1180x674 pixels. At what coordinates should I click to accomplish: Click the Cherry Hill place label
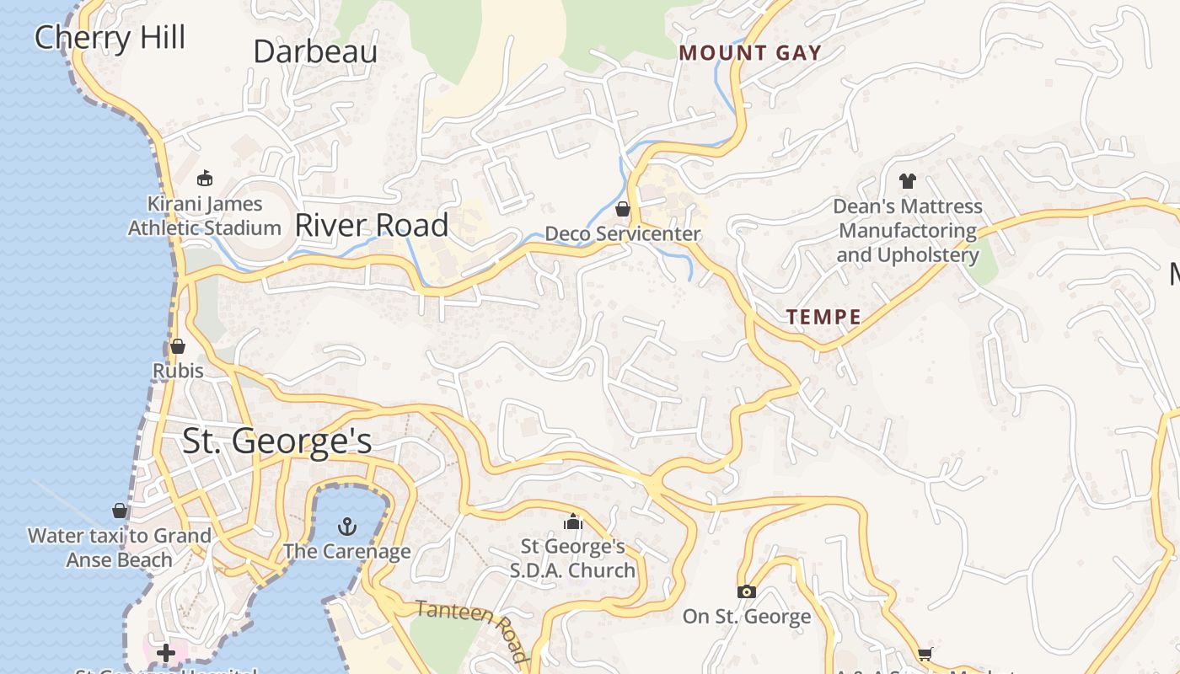(110, 38)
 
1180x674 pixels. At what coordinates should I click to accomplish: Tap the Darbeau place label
(315, 51)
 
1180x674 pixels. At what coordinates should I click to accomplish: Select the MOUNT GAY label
(750, 53)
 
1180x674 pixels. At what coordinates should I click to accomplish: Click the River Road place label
(372, 225)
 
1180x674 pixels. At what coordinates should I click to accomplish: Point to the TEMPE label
(823, 318)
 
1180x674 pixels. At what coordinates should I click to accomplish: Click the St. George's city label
(277, 441)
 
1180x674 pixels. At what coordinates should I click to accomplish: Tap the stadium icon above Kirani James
(204, 178)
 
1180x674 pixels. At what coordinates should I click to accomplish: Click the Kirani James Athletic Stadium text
(205, 216)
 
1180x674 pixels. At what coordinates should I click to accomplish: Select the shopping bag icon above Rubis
(178, 346)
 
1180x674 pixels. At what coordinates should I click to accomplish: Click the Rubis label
(178, 371)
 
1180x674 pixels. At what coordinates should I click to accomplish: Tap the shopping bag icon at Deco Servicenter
(623, 209)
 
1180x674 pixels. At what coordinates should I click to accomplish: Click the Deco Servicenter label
(623, 233)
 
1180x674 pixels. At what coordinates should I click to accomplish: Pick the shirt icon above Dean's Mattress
(907, 180)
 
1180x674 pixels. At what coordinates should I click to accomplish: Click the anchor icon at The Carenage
(346, 527)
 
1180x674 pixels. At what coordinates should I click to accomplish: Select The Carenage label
(346, 552)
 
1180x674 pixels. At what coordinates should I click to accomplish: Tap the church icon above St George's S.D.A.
(573, 522)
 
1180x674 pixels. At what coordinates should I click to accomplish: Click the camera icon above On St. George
(746, 592)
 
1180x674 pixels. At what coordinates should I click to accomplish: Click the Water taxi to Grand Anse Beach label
(120, 548)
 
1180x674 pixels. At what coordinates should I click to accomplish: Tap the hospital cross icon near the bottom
(165, 653)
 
